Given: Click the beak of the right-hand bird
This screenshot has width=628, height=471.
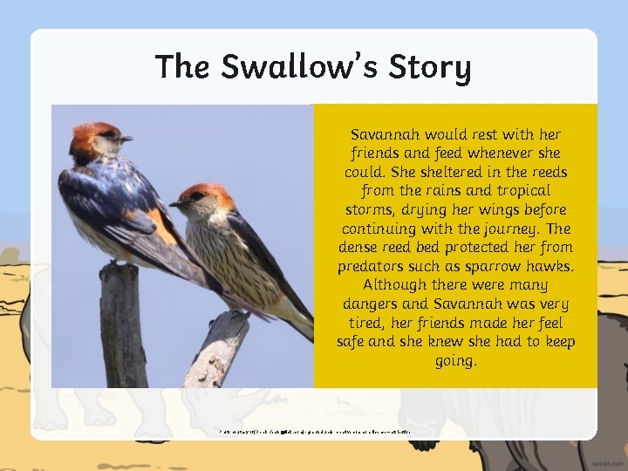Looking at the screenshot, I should pyautogui.click(x=174, y=203).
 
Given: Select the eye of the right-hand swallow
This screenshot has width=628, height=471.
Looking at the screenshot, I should pyautogui.click(x=192, y=197).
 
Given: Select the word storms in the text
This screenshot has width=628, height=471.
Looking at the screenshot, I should pyautogui.click(x=367, y=210).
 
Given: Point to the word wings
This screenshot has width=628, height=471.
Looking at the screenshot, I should pyautogui.click(x=491, y=210).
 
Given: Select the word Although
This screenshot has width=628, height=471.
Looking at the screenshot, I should pyautogui.click(x=392, y=285).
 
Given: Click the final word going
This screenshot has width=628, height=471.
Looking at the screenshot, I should pyautogui.click(x=455, y=360).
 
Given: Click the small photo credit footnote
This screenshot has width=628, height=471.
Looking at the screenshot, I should pyautogui.click(x=314, y=431).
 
